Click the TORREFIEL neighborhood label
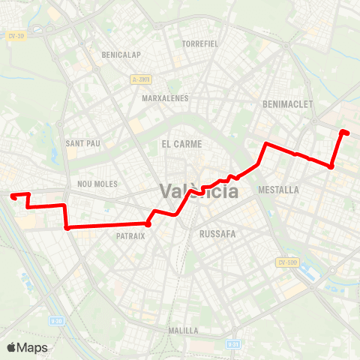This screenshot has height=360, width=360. coord(199,43)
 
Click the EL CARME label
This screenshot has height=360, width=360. coord(178,142)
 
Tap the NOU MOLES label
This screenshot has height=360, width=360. coord(94,183)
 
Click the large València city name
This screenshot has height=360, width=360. coord(198,191)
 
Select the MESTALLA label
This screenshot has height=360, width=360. coord(278,190)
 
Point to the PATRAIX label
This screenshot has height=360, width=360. coord(130,235)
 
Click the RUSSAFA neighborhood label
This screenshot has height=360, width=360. coord(218,234)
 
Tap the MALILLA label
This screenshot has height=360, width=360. coord(183,330)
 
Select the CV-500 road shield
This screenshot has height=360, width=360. coord(287,262)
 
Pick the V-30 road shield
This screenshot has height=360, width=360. coord(55,320)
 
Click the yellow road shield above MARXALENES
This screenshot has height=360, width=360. coord(140,79)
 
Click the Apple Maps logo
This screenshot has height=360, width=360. coord(27,347)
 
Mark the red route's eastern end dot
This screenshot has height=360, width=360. coord(344,133)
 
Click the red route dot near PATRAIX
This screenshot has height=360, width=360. coord(148,223)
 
